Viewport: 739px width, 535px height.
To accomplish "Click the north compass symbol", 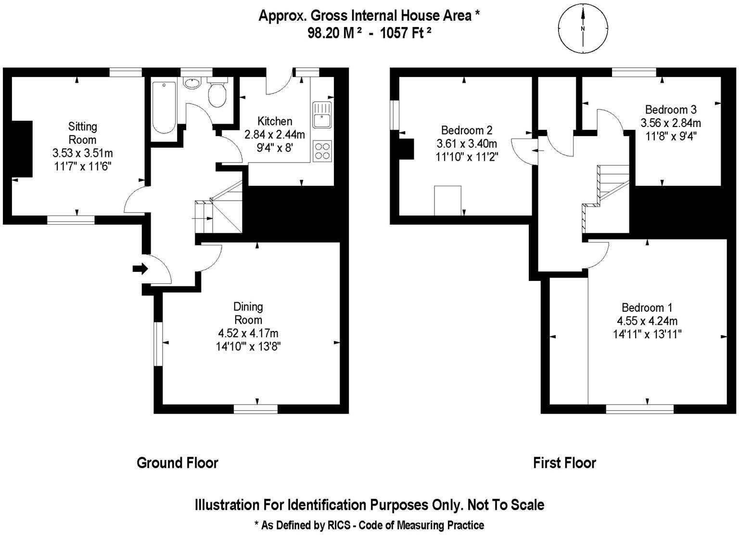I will (x=583, y=29).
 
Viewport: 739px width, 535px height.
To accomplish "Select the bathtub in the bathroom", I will (x=164, y=107).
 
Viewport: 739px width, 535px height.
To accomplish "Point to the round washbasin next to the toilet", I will (x=193, y=83).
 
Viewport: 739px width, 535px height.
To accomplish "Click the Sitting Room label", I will (x=83, y=133).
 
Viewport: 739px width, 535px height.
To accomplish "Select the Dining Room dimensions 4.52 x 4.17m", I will (x=248, y=333).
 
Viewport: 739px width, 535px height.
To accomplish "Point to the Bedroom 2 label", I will (x=467, y=130).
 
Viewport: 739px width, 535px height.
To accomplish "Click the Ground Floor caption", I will (x=178, y=463).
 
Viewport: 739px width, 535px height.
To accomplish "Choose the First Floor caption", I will (x=564, y=463).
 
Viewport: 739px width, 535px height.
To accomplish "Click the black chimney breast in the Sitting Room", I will (x=22, y=149).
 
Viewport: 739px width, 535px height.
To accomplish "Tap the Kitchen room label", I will (x=275, y=121).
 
